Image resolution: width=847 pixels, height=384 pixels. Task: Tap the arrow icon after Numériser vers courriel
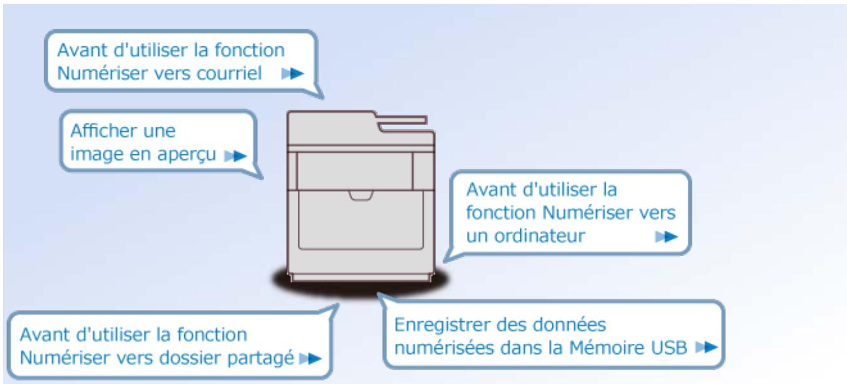[x=292, y=74]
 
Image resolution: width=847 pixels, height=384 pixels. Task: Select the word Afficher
[x=99, y=131]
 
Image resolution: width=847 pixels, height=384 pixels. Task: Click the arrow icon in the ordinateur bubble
[x=666, y=237]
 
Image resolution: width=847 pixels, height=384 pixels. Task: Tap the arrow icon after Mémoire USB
[x=706, y=346]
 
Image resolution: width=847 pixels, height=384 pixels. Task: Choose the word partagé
[x=265, y=358]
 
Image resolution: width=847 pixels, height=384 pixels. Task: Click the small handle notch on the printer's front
[x=361, y=196]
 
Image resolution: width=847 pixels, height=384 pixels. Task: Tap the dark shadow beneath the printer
[x=360, y=285]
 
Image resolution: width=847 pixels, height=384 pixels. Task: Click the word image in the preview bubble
[x=92, y=155]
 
